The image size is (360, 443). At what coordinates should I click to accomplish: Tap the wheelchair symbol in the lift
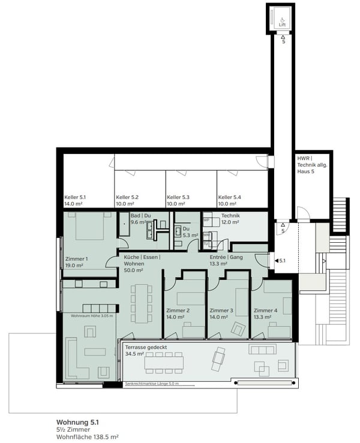(x=282, y=19)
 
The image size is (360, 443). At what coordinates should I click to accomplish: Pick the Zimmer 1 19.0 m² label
(x=76, y=262)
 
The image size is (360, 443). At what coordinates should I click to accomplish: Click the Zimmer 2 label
(x=178, y=314)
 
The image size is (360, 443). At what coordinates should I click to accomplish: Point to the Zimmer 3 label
(x=221, y=314)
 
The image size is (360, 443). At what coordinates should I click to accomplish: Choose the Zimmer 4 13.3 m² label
(x=266, y=314)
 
